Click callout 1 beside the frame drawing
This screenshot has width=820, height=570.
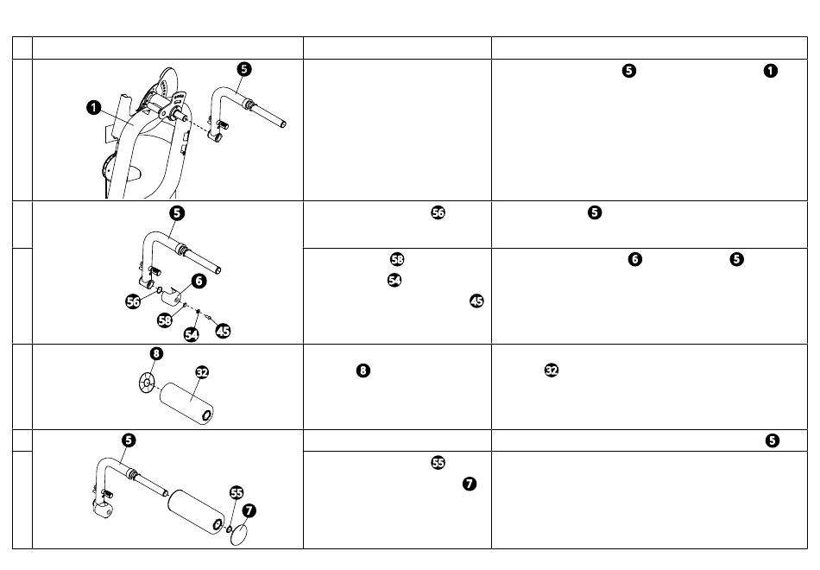point(93,108)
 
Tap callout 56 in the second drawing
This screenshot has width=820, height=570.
point(133,301)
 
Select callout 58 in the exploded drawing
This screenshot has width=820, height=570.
point(165,320)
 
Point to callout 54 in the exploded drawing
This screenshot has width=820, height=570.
point(192,334)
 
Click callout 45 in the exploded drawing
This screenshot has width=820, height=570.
point(224,331)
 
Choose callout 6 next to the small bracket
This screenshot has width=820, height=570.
point(199,281)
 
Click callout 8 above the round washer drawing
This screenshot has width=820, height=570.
point(156,353)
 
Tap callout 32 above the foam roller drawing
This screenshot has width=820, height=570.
point(202,372)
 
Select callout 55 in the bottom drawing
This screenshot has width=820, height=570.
point(237,492)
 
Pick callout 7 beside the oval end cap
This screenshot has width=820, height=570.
point(249,510)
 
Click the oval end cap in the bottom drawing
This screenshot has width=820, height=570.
point(239,535)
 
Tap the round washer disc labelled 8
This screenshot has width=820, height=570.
point(147,383)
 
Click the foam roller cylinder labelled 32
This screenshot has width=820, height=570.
point(186,403)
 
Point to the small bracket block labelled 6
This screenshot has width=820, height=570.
point(172,298)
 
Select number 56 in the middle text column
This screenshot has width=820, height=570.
point(438,212)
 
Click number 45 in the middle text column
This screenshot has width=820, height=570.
point(477,301)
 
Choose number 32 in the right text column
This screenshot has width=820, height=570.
point(552,370)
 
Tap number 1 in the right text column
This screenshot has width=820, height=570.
point(771,71)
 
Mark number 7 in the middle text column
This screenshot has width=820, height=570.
point(470,484)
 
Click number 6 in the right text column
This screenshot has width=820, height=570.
point(635,259)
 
